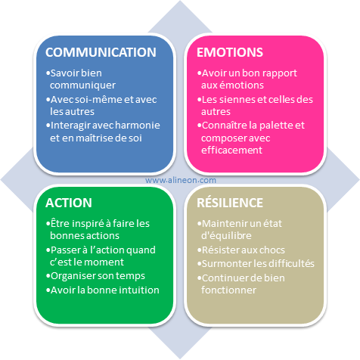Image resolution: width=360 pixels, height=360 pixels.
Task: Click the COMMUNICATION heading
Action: pos(101,52)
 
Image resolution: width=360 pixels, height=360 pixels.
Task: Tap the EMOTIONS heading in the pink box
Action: pos(230,52)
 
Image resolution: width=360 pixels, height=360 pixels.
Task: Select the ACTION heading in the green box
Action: pos(69,203)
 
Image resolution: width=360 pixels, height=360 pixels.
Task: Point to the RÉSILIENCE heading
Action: pos(230,203)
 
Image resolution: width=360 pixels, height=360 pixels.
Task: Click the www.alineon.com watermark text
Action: pos(181,180)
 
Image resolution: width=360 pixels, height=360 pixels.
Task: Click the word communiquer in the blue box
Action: pos(82,85)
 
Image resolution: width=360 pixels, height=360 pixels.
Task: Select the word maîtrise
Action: pos(95,138)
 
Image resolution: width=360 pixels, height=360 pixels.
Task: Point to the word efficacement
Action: pos(231,150)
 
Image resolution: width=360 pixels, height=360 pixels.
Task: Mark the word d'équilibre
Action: pos(226,236)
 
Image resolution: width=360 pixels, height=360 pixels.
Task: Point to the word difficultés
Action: pos(289,263)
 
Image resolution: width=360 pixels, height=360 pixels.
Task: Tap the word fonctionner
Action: pos(228,290)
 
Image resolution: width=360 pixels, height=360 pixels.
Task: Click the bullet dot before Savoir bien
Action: pos(48,73)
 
